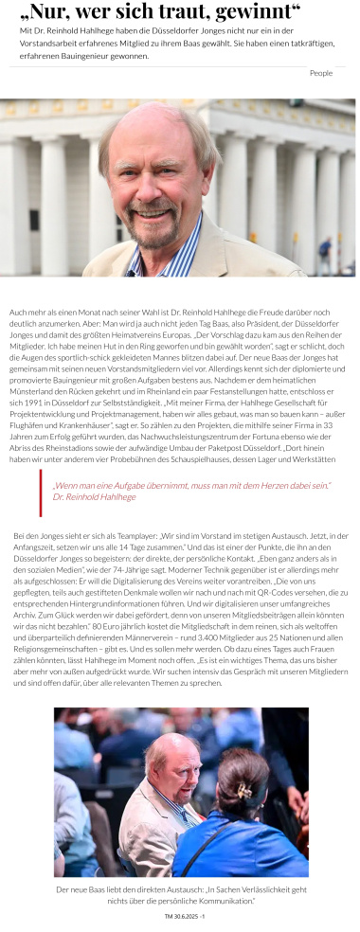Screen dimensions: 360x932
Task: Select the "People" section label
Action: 321,73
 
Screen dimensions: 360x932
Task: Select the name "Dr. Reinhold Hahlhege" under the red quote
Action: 95,497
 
